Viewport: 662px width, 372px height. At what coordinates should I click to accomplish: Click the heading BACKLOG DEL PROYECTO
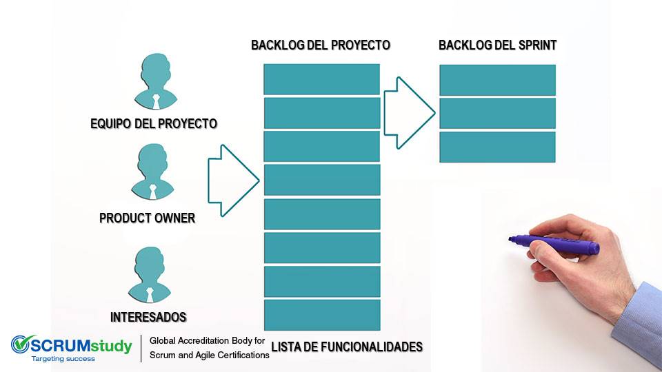click(321, 45)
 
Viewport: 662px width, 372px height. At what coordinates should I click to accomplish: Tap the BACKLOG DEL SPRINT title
click(498, 45)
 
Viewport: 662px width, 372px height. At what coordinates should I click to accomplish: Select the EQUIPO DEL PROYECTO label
click(154, 123)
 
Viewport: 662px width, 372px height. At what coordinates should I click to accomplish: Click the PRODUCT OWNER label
click(148, 218)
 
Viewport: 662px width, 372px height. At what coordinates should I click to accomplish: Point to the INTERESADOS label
click(148, 317)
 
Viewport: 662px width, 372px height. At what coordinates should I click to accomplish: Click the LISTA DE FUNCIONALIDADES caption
click(347, 347)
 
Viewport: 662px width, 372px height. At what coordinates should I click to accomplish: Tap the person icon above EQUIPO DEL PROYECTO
click(156, 81)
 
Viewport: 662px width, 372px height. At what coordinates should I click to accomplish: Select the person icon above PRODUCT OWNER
click(153, 172)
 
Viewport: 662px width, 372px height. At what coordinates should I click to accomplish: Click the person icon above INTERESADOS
click(150, 275)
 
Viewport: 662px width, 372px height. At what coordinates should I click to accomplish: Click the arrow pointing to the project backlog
click(234, 180)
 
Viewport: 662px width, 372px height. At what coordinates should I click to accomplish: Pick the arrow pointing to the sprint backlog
click(410, 112)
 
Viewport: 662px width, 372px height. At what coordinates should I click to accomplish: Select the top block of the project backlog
click(322, 79)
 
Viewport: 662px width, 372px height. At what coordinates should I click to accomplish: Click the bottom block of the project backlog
click(322, 315)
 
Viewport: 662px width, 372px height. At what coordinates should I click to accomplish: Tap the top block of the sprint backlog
click(498, 80)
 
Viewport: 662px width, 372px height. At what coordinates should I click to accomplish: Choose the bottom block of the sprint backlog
click(498, 147)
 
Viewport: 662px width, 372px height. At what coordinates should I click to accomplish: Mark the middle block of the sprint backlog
click(498, 114)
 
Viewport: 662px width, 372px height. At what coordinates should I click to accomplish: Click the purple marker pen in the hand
click(554, 244)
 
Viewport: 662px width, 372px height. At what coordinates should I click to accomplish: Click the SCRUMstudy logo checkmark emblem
click(22, 344)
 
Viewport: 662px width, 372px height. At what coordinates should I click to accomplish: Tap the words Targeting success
click(63, 359)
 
